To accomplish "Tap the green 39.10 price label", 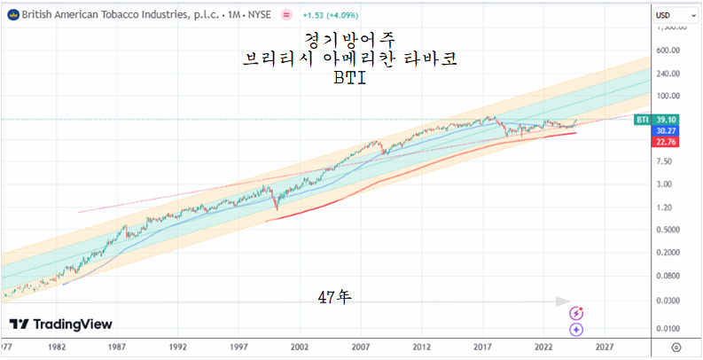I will (x=668, y=119).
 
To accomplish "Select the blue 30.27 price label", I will (x=668, y=129).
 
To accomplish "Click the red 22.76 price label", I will (x=668, y=140).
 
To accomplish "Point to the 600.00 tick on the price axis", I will (x=668, y=51).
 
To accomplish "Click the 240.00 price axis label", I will (x=668, y=74).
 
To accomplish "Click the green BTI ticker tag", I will (x=643, y=119).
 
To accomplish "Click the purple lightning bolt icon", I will (x=577, y=313).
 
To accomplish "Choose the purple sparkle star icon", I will (x=577, y=328).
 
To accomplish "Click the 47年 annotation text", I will (x=334, y=295).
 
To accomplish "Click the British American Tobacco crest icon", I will (x=11, y=15).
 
